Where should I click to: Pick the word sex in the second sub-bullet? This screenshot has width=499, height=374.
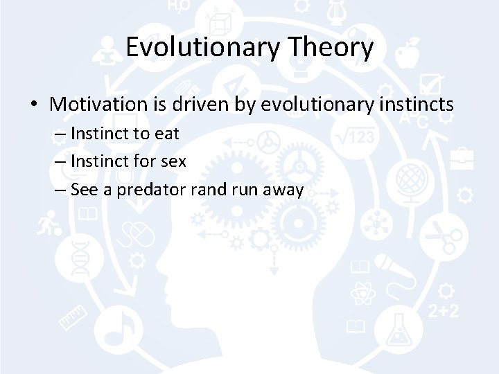173,162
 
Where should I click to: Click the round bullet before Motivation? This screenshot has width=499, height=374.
34,105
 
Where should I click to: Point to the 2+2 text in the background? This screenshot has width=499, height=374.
443,311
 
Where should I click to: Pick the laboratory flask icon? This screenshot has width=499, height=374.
399,331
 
